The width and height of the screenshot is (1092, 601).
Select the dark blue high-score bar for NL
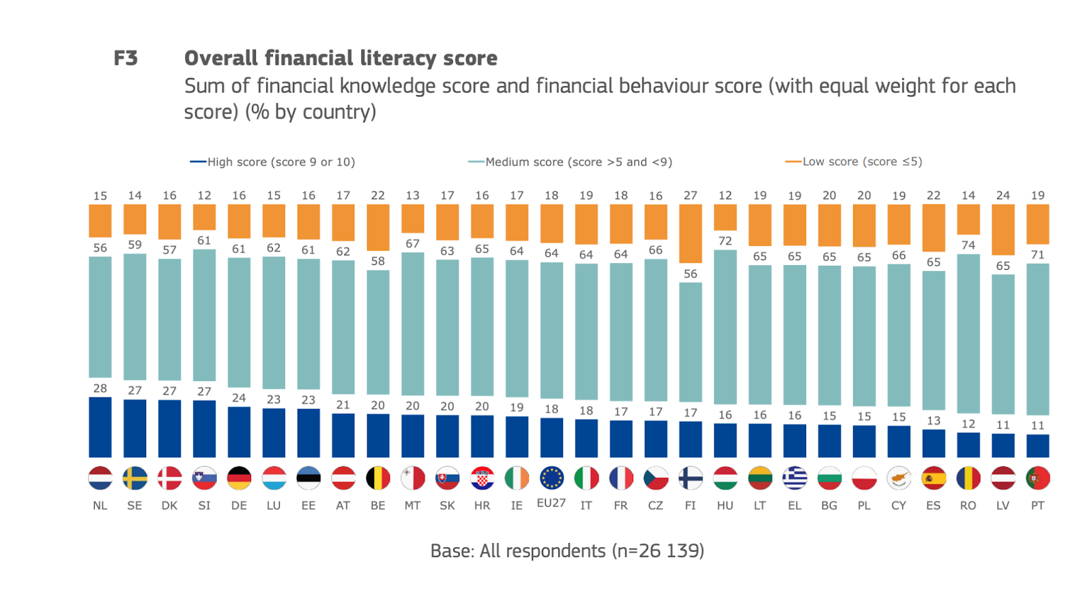pos(100,427)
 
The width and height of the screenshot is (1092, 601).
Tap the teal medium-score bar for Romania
pos(968,333)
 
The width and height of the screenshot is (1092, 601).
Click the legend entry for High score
pos(273,162)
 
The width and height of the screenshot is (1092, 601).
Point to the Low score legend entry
pos(854,162)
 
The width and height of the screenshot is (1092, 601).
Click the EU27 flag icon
pos(551,478)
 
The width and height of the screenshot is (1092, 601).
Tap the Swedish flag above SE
pos(134,478)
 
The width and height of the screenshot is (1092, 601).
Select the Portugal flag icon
pos(1037,478)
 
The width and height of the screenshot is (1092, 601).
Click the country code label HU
pos(725,505)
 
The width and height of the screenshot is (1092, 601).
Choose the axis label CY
pos(898,505)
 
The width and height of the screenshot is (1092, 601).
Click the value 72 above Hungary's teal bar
pos(725,241)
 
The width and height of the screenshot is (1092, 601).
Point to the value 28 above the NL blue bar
pos(100,388)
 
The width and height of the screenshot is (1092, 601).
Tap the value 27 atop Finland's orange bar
pos(690,195)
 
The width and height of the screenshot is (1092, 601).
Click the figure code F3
pos(126,58)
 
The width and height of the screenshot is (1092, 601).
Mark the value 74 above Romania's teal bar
pos(968,245)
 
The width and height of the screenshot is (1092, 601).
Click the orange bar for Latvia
pos(1003,229)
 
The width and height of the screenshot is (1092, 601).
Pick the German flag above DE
pos(239,478)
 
